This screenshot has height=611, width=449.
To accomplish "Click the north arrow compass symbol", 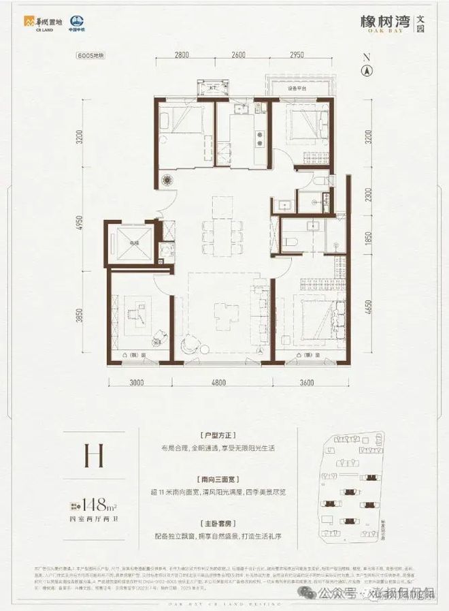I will (367, 68).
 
